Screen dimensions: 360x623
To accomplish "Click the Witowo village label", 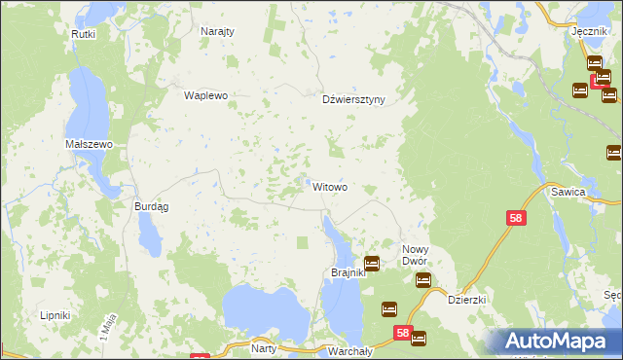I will [x=330, y=186].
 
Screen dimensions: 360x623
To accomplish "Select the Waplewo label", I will [x=205, y=95].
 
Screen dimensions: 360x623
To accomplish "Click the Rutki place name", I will [x=84, y=33].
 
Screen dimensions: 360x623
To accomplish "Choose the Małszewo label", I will [x=90, y=143].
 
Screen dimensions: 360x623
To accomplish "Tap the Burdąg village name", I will [x=151, y=206].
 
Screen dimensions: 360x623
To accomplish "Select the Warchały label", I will [x=346, y=349].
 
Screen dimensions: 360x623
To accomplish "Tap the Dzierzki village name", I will [x=466, y=301].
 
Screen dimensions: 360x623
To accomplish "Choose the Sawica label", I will [x=594, y=193].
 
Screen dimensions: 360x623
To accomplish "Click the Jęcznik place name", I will [x=590, y=31].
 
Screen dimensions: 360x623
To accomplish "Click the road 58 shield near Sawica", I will [x=516, y=220].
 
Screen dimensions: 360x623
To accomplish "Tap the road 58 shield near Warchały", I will [x=404, y=333].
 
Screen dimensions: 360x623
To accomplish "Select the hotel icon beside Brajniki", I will [x=372, y=263].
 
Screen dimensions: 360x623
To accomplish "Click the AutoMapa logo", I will [x=558, y=341].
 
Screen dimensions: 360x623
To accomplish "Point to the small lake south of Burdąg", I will [x=149, y=234].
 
